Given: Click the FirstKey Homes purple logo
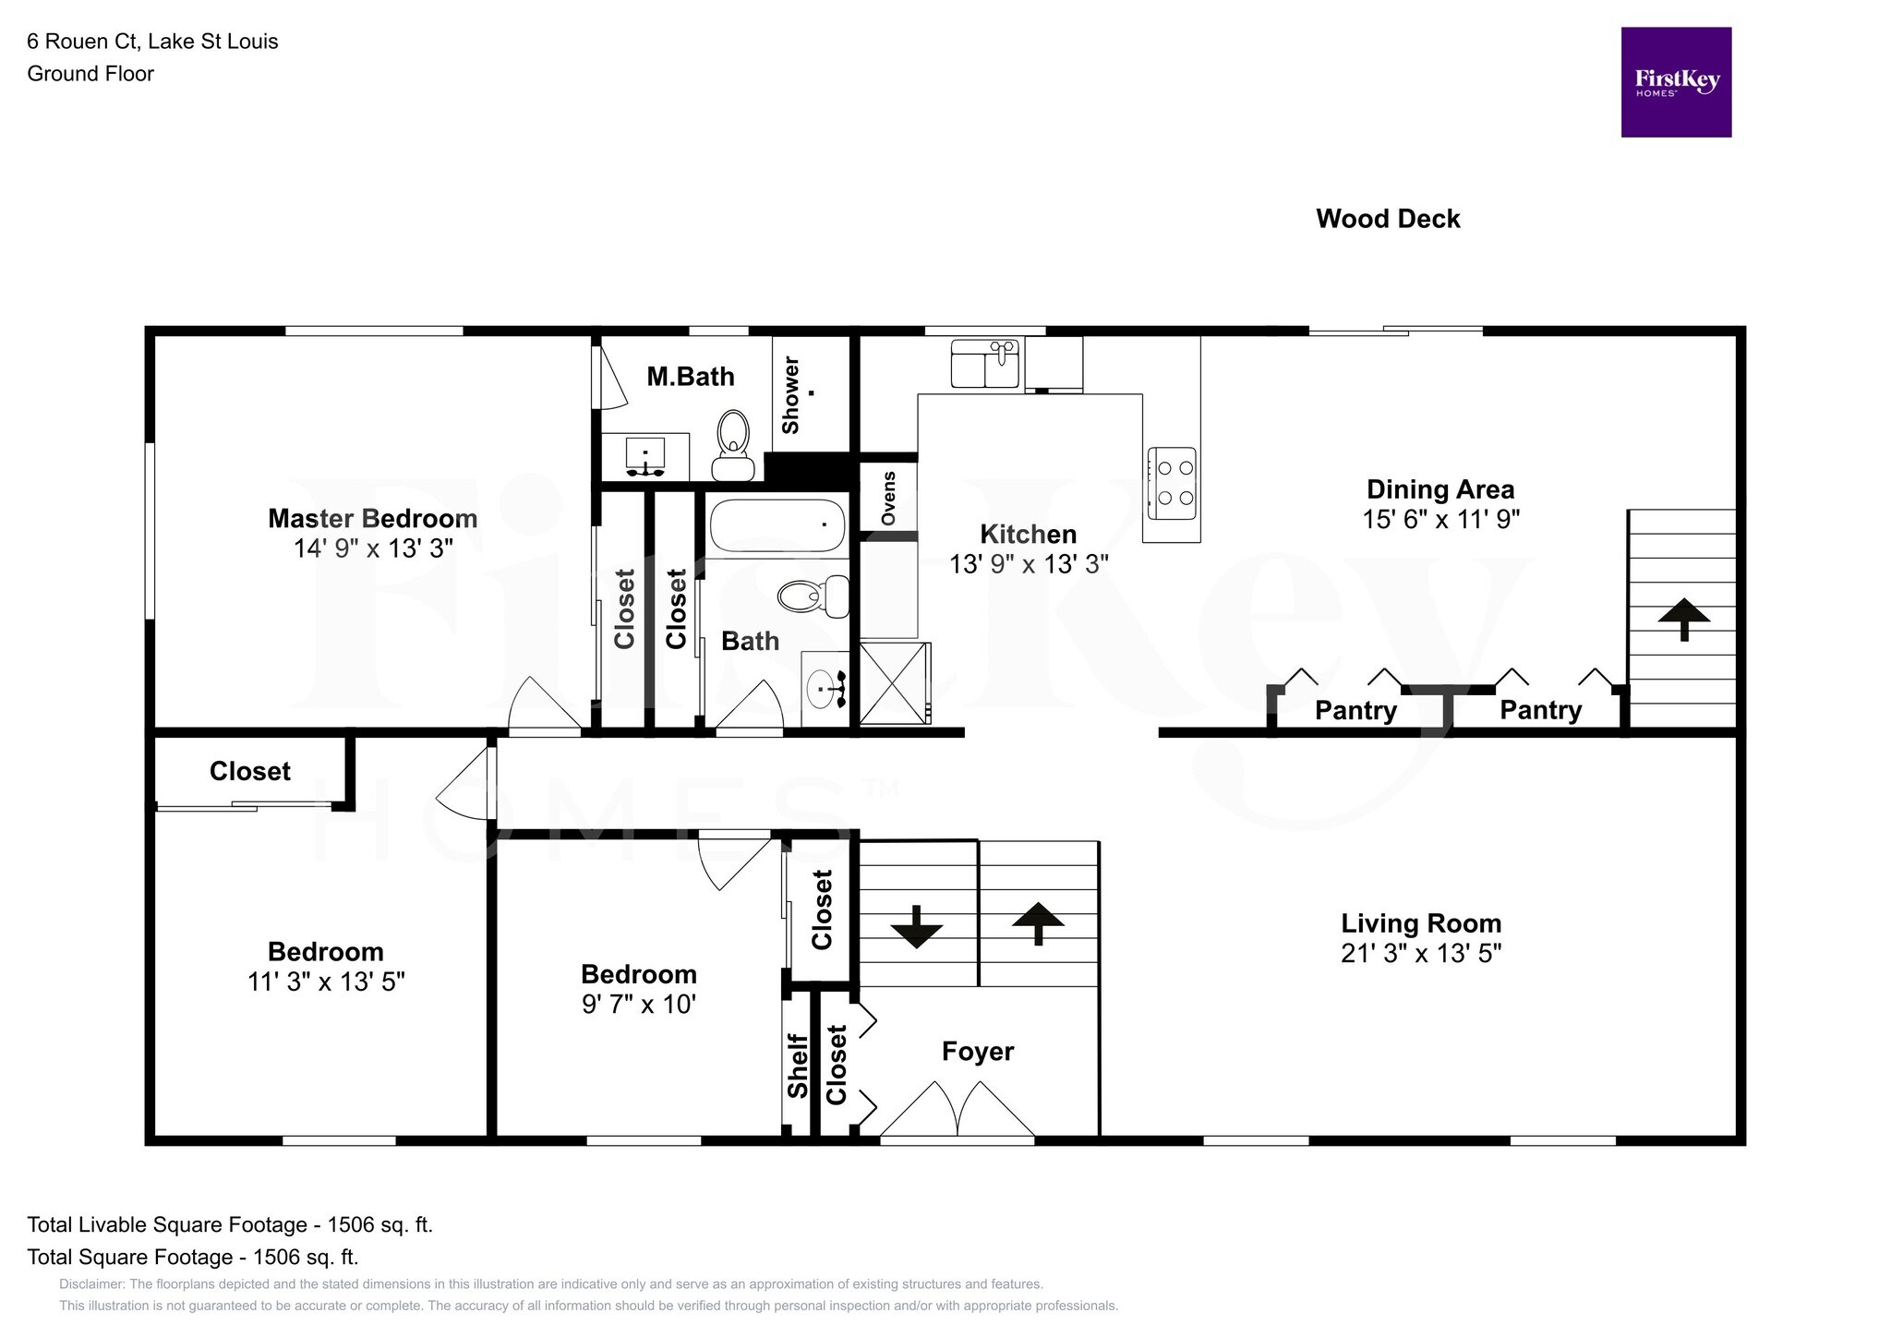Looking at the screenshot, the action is coord(1676,82).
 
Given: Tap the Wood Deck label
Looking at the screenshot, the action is coord(1388,219).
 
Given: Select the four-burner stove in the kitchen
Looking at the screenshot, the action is coord(1172,483).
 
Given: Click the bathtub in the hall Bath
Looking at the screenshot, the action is coord(777,525).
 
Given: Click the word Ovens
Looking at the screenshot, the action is coord(888,499).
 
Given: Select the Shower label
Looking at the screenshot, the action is coord(790,395).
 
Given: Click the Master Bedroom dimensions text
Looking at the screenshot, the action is coord(373,548).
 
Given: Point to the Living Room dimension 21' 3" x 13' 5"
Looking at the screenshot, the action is coord(1421,953).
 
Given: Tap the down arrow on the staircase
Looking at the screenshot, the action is coord(916,927).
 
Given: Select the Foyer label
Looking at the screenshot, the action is coord(978,1052).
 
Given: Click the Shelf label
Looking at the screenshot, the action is coord(798,1066).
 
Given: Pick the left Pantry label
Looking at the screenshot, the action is coord(1355,711).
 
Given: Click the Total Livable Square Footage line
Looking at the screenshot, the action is coord(230,1224).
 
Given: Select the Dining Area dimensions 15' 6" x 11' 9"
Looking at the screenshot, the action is coord(1441,519).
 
